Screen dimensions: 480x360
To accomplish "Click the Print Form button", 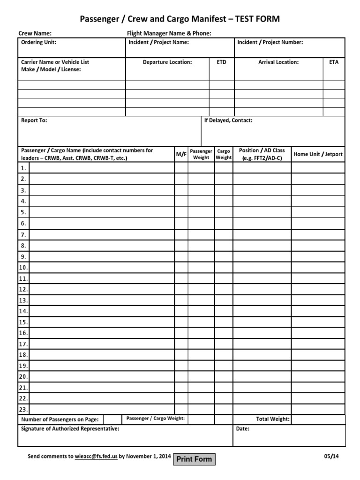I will pyautogui.click(x=194, y=459).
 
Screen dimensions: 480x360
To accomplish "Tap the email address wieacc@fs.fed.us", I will pyautogui.click(x=96, y=456).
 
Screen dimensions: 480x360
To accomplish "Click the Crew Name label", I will pyautogui.click(x=35, y=33).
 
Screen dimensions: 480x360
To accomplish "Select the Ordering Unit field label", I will pyautogui.click(x=39, y=43).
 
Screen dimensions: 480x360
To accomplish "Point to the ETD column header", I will pyautogui.click(x=221, y=62).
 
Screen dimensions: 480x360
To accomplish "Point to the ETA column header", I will pyautogui.click(x=334, y=62).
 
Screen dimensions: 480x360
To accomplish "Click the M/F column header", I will pyautogui.click(x=181, y=154).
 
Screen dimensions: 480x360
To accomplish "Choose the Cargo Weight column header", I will pyautogui.click(x=224, y=154).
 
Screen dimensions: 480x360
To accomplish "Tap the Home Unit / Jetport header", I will pyautogui.click(x=318, y=154).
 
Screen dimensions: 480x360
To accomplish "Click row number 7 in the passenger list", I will pyautogui.click(x=23, y=235).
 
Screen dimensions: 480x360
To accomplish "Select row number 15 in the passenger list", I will pyautogui.click(x=23, y=322).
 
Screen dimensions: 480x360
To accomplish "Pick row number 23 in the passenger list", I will pyautogui.click(x=23, y=409).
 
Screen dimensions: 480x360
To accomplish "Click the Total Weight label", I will pyautogui.click(x=272, y=419).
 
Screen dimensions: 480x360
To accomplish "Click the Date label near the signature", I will pyautogui.click(x=243, y=429).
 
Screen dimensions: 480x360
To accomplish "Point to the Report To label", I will pyautogui.click(x=34, y=120).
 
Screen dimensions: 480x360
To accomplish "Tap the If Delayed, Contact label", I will pyautogui.click(x=228, y=120).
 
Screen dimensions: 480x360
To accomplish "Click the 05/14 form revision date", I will pyautogui.click(x=330, y=456).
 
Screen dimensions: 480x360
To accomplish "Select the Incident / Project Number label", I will pyautogui.click(x=270, y=43).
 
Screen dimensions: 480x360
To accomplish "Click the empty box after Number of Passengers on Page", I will pyautogui.click(x=112, y=419).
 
